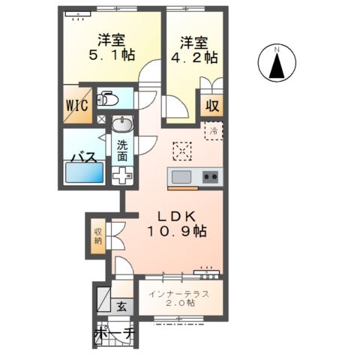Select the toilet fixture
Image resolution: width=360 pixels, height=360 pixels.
tap(108, 99)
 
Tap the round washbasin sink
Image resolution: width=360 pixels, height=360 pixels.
tap(121, 125)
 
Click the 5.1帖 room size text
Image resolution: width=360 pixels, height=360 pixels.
tap(111, 55)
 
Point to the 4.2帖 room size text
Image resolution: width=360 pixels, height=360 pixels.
tap(191, 56)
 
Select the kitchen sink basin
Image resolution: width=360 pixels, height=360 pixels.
tap(182, 177)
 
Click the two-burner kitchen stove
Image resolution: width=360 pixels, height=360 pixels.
tap(211, 177)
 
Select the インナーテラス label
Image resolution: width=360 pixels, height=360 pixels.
tap(178, 292)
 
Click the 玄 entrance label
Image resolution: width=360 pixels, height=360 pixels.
tap(121, 306)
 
